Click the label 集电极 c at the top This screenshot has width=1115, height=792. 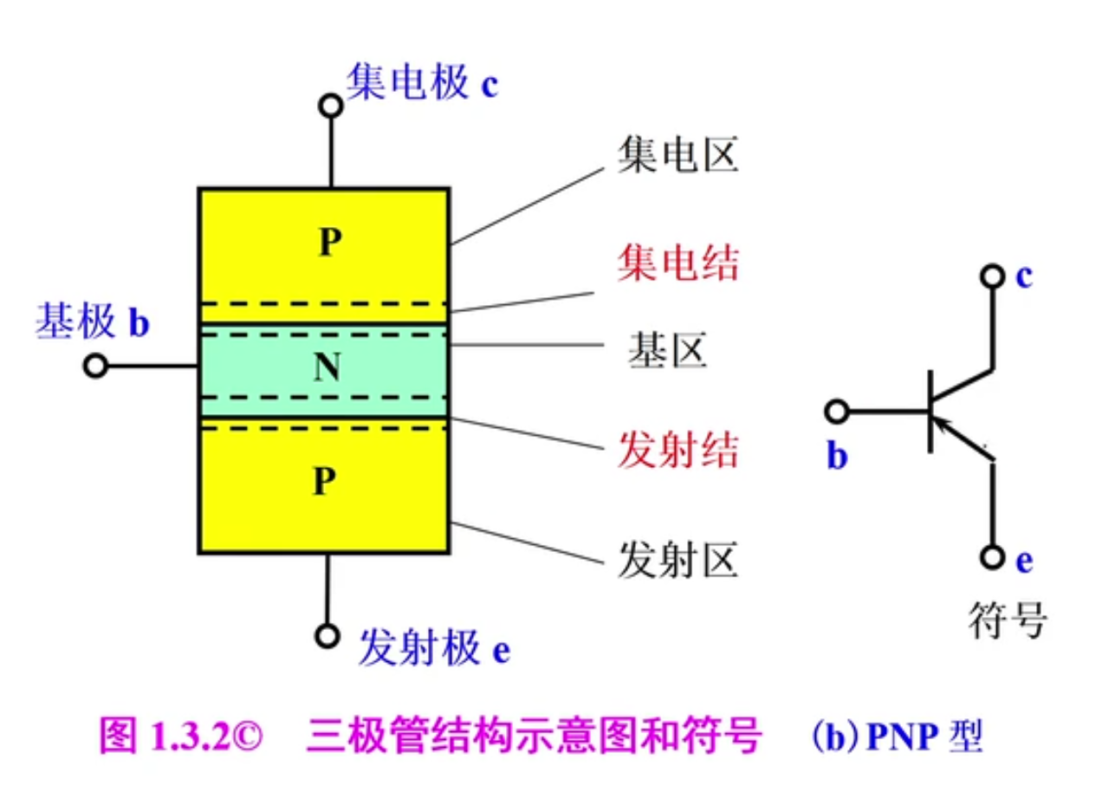point(422,84)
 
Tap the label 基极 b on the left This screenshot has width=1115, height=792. point(92,322)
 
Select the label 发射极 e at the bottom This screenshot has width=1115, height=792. point(434,649)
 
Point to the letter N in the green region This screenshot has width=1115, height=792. point(327,371)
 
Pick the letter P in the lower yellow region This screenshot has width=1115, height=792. point(324,481)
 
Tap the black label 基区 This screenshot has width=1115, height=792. point(668,352)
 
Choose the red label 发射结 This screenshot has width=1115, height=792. point(677,451)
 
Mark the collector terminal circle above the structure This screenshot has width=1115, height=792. point(330,107)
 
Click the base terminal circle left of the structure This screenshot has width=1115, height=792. point(95,367)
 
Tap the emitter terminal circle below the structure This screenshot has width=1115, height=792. point(327,636)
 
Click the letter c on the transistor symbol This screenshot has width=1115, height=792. point(1023,277)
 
